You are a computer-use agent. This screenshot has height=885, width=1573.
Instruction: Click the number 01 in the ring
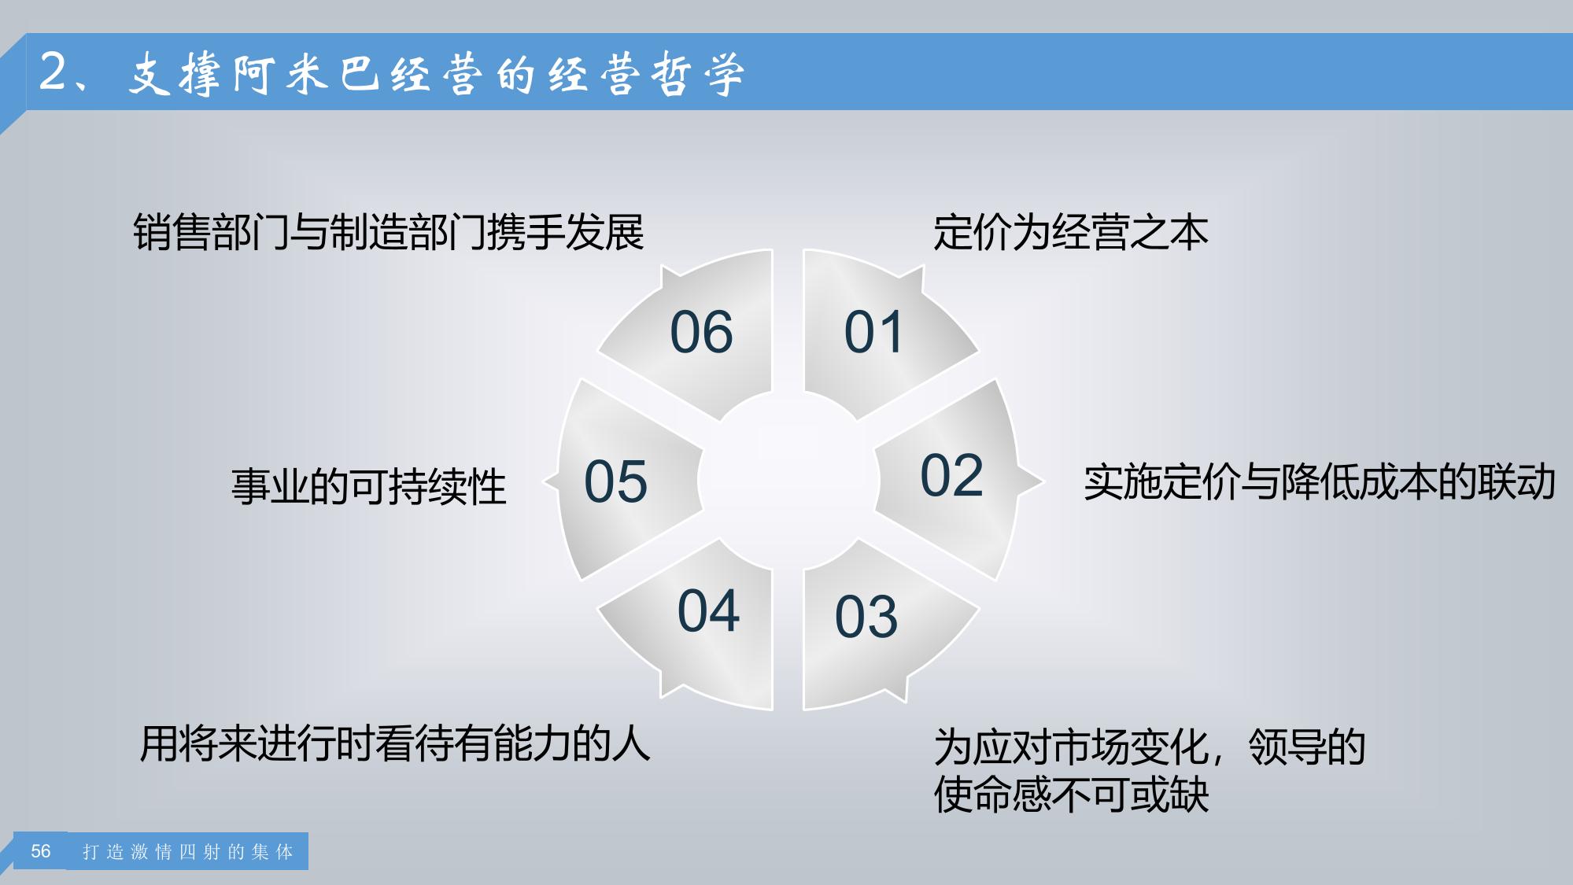pos(873,332)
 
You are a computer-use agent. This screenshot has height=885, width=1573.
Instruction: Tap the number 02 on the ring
pos(951,475)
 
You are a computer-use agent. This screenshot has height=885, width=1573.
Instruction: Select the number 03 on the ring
pos(866,617)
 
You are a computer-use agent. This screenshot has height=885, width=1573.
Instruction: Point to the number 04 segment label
pos(708,610)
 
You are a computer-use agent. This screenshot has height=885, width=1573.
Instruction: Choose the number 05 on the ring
pos(615,481)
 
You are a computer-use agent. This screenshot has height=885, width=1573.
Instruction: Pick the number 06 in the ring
pos(701,332)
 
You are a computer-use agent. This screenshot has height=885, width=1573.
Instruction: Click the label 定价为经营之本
pos(1070,233)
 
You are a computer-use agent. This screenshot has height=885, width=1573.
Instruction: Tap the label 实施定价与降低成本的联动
pos(1320,481)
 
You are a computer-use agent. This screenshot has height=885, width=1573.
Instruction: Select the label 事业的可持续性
pos(368,486)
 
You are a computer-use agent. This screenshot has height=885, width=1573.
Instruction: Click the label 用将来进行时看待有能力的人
pos(395,743)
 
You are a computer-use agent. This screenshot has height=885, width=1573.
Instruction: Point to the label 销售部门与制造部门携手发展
pos(389,232)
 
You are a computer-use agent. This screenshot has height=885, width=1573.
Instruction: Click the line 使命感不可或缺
pos(1071,794)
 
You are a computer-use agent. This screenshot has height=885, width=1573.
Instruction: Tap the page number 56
pos(41,851)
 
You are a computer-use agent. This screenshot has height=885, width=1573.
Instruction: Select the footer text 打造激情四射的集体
pos(188,852)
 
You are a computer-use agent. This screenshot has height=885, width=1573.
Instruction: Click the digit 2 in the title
pos(54,72)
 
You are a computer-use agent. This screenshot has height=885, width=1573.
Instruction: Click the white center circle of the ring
pos(788,480)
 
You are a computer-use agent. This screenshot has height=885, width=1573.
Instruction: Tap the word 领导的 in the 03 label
pos(1307,747)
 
